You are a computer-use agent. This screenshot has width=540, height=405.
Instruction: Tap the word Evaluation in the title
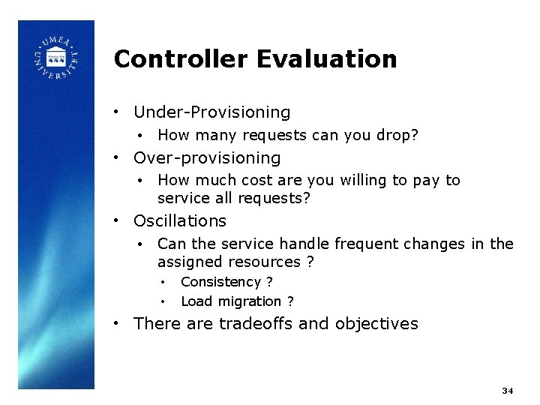pyautogui.click(x=325, y=59)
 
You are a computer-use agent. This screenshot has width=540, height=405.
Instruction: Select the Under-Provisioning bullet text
pyautogui.click(x=211, y=112)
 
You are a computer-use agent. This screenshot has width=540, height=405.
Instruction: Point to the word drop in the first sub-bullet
pyautogui.click(x=398, y=136)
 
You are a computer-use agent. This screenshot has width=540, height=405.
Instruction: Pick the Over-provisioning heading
pyautogui.click(x=207, y=158)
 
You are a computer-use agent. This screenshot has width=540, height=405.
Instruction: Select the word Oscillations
pyautogui.click(x=180, y=221)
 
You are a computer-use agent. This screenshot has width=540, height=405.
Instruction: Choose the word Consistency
pyautogui.click(x=220, y=282)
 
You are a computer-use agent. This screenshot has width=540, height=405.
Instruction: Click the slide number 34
pyautogui.click(x=508, y=391)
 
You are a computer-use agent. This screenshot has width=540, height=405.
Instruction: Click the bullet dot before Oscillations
pyautogui.click(x=116, y=221)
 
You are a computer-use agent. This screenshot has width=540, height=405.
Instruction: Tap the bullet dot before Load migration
pyautogui.click(x=163, y=301)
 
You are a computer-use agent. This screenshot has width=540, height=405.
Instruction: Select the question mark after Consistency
pyautogui.click(x=269, y=282)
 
